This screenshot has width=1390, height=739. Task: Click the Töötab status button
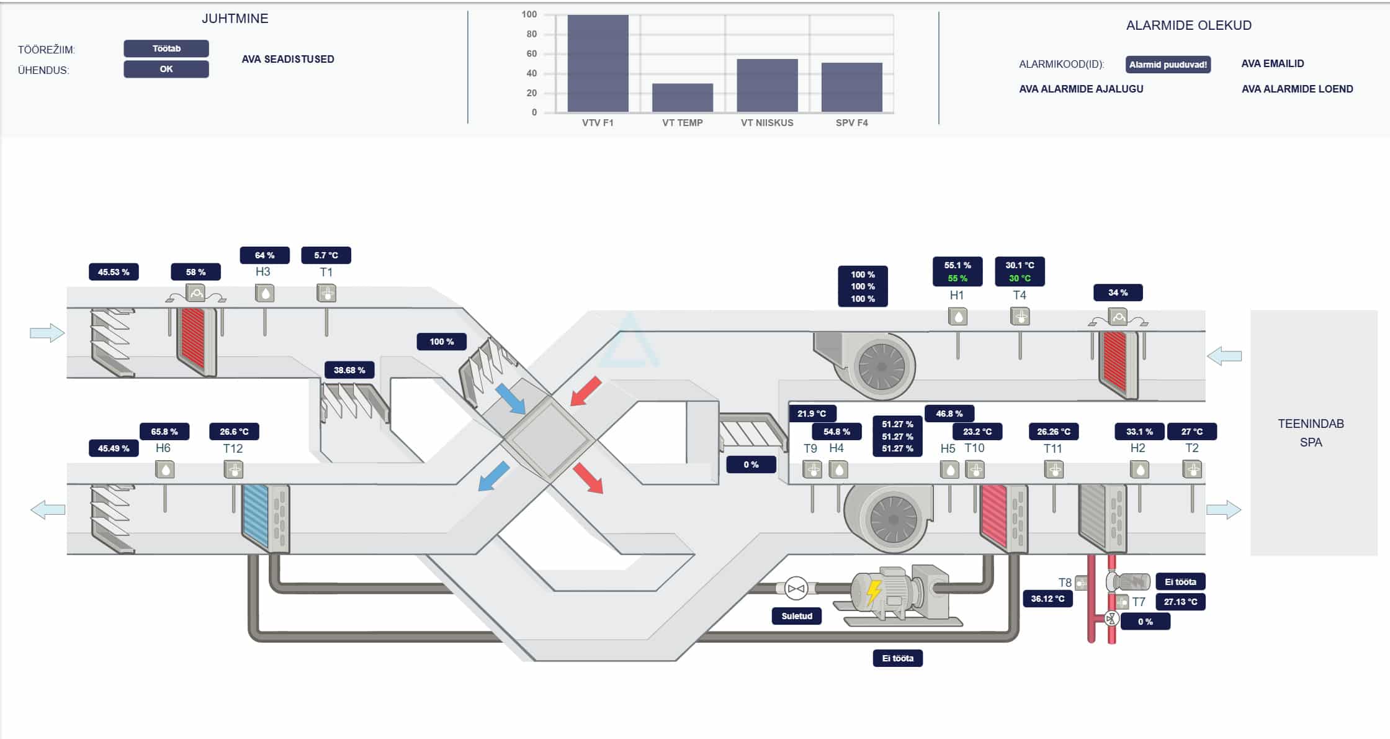point(166,48)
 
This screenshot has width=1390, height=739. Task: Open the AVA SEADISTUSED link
point(288,59)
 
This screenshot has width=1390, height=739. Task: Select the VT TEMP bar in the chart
point(683,97)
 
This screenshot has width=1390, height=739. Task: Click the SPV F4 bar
point(852,87)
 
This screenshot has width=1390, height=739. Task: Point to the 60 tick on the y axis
point(532,53)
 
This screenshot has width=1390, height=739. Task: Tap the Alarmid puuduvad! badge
point(1168,65)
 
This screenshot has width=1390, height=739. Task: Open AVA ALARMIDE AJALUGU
point(1081,89)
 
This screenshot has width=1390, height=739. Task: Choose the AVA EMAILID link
point(1273,63)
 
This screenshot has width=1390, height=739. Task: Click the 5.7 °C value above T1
point(326,255)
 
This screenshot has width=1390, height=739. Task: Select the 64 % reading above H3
point(265,255)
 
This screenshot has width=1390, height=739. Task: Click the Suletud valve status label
point(797,616)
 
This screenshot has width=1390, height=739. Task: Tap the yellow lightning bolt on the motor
point(874,592)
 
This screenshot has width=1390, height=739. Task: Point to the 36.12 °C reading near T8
point(1047,599)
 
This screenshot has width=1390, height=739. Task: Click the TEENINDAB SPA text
point(1311,433)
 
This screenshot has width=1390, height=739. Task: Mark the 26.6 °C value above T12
point(234,432)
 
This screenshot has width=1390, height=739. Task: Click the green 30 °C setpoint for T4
point(1020,278)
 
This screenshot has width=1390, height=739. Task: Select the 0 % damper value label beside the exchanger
point(751,465)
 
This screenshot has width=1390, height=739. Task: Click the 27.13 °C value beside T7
point(1180,602)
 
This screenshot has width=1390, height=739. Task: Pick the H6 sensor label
point(163,448)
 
